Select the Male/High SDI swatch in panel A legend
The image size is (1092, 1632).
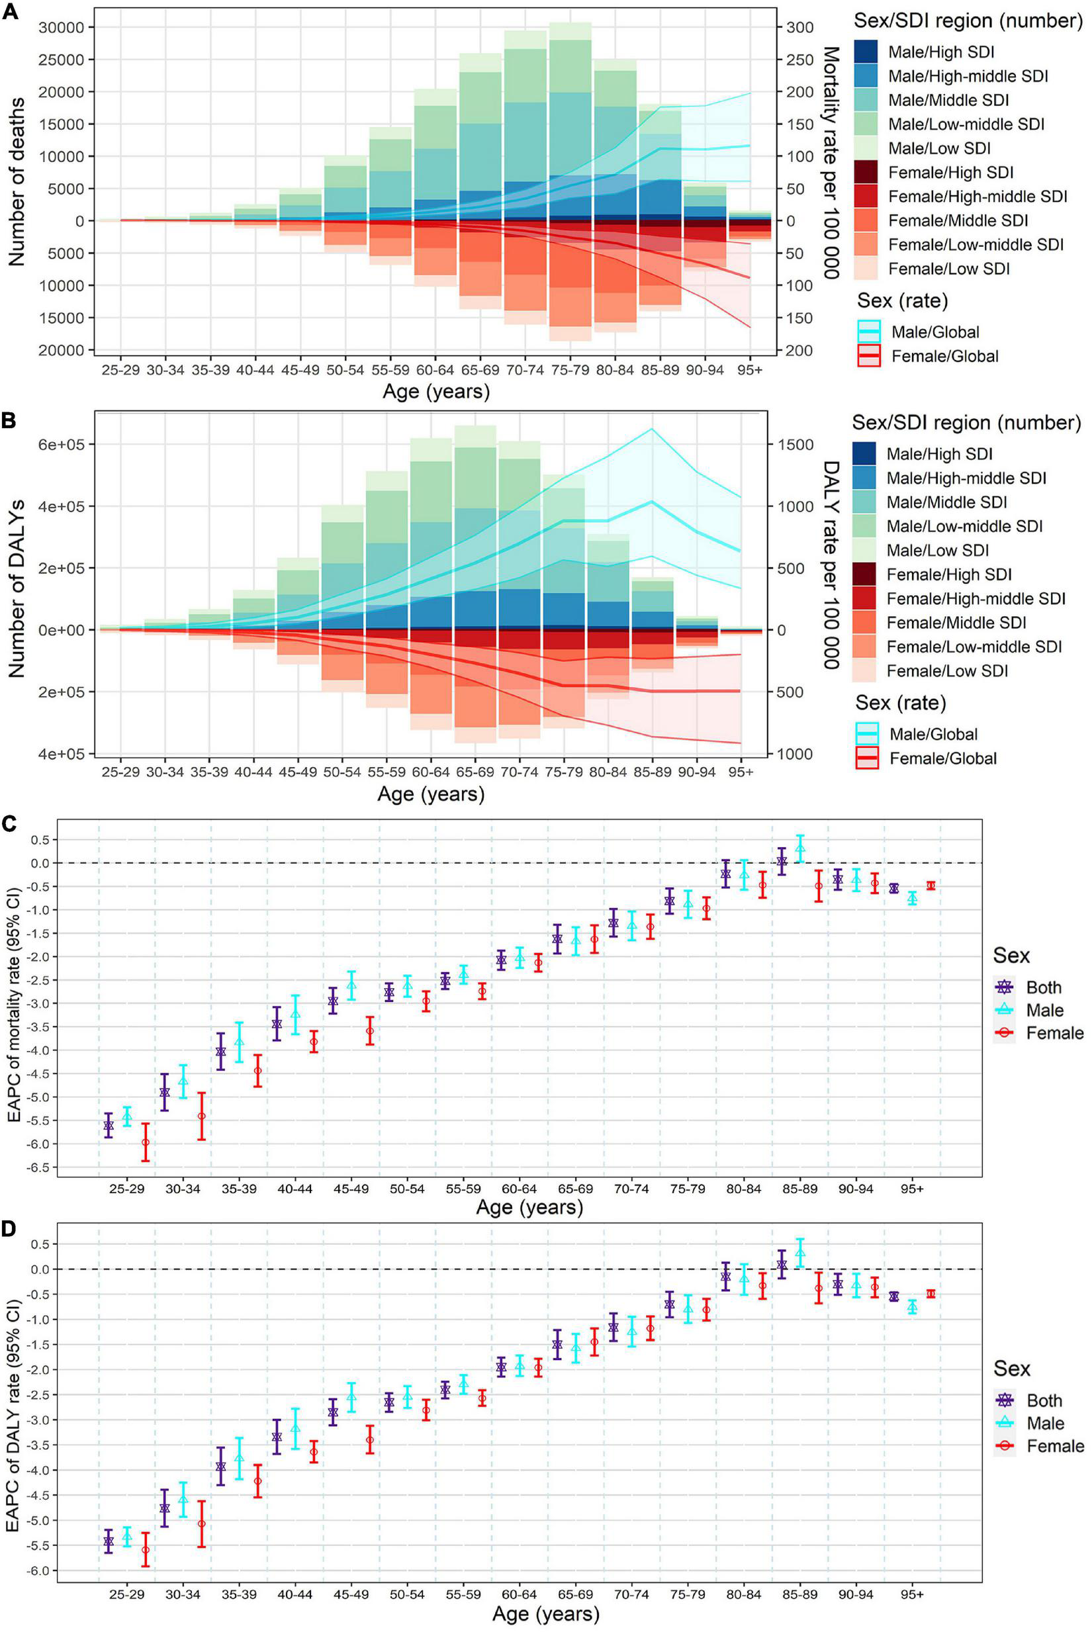tap(868, 52)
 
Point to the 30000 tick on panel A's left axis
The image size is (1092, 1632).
tap(62, 28)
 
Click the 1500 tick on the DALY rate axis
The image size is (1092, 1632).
tap(796, 445)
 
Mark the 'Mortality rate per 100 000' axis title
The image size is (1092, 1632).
tap(830, 163)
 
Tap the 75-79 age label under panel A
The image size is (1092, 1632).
tap(569, 371)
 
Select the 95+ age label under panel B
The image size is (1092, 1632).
tap(741, 773)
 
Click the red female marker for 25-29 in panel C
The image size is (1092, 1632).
tap(146, 1142)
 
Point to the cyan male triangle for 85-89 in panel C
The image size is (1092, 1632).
tap(800, 848)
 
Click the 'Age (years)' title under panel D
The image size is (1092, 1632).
tap(545, 1614)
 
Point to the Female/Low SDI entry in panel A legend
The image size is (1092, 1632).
tap(949, 269)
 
